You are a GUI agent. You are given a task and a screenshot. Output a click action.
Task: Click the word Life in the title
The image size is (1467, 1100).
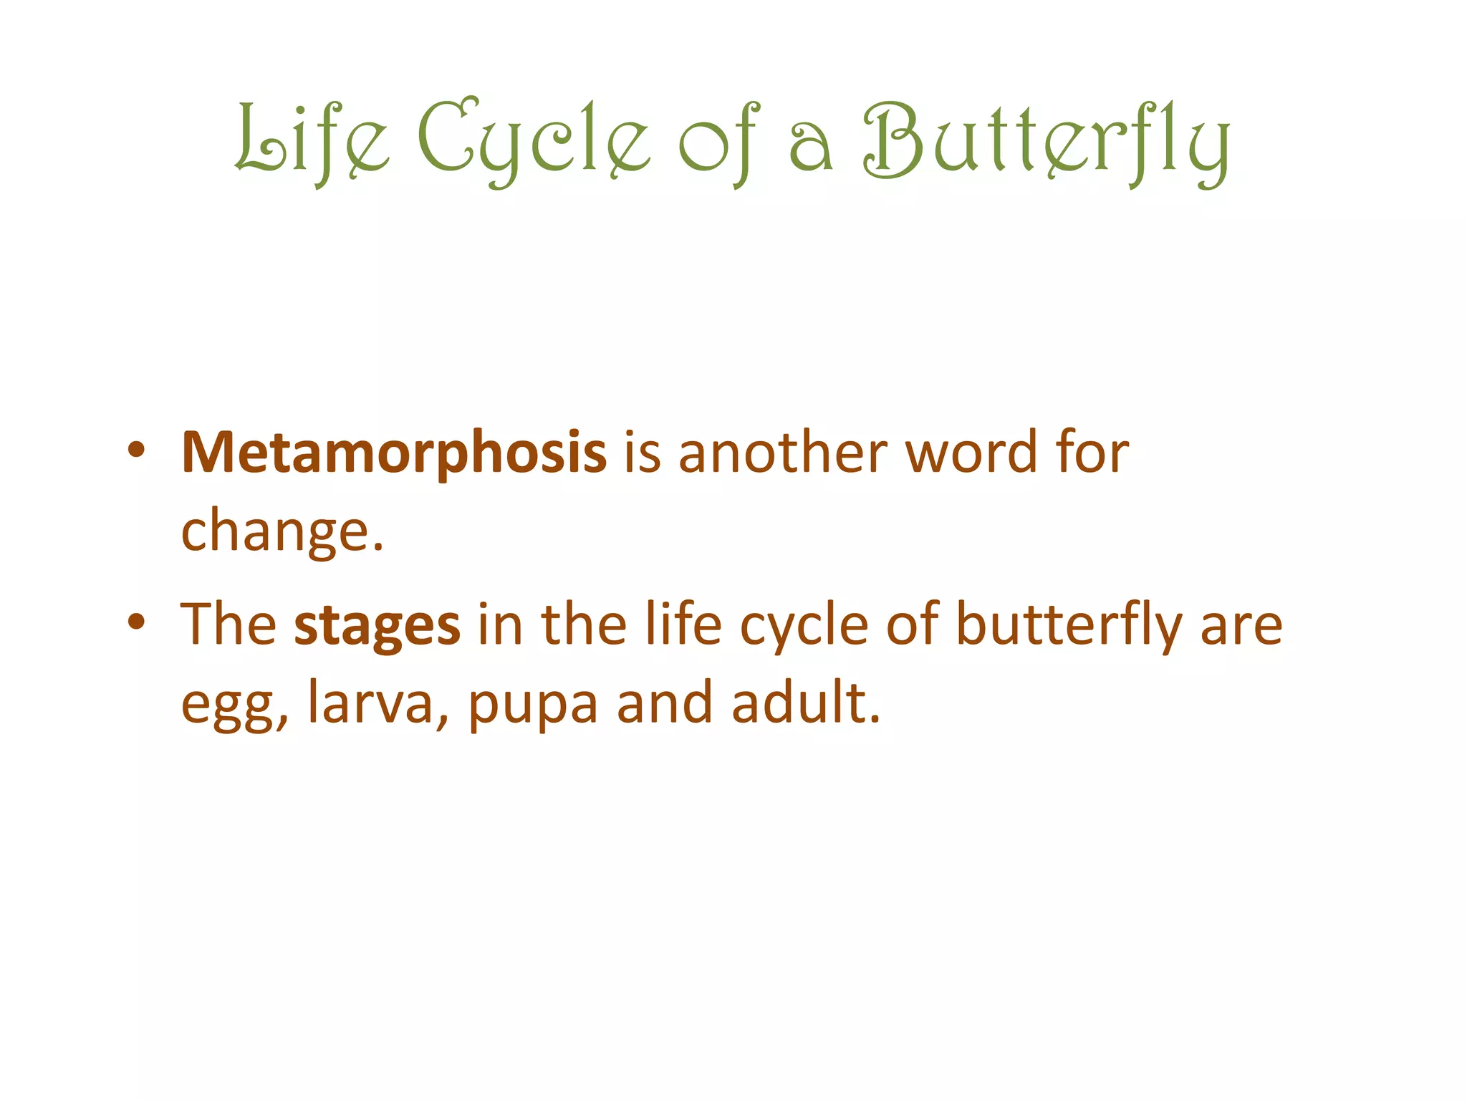312,139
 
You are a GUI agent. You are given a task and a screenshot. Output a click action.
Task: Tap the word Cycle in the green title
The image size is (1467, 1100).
534,140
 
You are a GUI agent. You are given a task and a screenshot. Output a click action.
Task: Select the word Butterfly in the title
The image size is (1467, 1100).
1046,140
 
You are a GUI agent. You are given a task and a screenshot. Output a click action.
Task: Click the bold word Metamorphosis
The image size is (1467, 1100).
394,453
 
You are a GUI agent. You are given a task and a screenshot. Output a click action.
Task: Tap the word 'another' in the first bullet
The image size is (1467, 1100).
782,453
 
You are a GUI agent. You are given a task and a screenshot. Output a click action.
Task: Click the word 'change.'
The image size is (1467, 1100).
282,531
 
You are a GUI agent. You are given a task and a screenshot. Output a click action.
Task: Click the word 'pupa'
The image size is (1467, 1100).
533,705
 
